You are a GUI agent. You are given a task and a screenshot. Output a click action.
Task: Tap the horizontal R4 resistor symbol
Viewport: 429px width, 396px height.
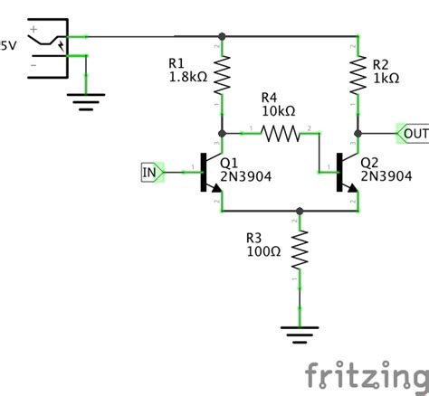(x=280, y=134)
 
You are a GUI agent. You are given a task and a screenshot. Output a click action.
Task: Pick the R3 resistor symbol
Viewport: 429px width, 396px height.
(x=300, y=249)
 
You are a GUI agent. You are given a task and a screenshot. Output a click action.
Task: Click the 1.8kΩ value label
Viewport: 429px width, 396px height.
(x=187, y=78)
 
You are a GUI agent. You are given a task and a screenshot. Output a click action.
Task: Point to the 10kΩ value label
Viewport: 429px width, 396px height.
(x=278, y=110)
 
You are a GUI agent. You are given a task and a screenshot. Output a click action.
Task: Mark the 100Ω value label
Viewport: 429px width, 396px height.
(x=263, y=251)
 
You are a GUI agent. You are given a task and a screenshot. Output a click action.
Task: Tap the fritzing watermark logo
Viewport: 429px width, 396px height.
(x=365, y=373)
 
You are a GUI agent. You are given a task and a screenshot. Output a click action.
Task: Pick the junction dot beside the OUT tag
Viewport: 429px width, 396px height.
(x=358, y=134)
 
